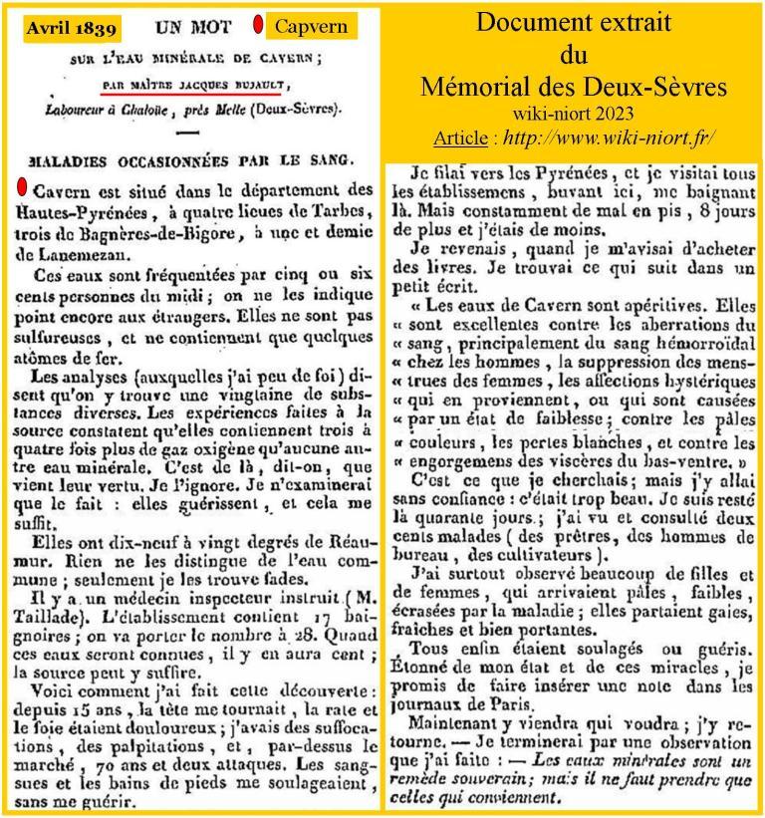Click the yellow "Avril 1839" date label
click(x=69, y=27)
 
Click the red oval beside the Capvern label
click(x=257, y=25)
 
